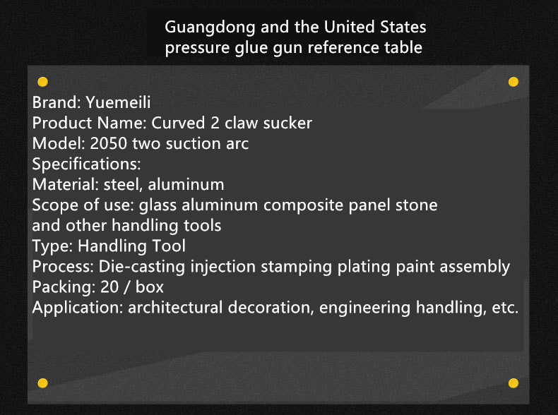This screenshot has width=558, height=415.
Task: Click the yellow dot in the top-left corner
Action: click(42, 82)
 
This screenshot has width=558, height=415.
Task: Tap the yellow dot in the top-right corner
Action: click(514, 82)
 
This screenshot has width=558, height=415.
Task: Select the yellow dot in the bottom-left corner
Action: click(42, 383)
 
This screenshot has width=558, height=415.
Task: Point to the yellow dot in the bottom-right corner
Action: click(514, 383)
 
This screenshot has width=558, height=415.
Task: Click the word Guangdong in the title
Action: click(210, 28)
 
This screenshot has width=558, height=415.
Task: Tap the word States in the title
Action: click(403, 27)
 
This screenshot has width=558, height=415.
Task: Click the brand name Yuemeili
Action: click(118, 102)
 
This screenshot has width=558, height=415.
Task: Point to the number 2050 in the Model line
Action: click(109, 144)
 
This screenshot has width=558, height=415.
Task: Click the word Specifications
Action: click(86, 164)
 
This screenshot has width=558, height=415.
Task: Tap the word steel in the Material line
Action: click(123, 185)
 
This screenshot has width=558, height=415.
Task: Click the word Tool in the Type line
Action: click(169, 246)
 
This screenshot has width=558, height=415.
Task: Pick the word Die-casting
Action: click(142, 267)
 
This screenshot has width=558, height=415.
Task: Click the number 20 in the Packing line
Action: click(109, 287)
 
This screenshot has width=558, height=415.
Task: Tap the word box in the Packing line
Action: click(150, 287)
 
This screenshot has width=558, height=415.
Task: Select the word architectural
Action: click(175, 308)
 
